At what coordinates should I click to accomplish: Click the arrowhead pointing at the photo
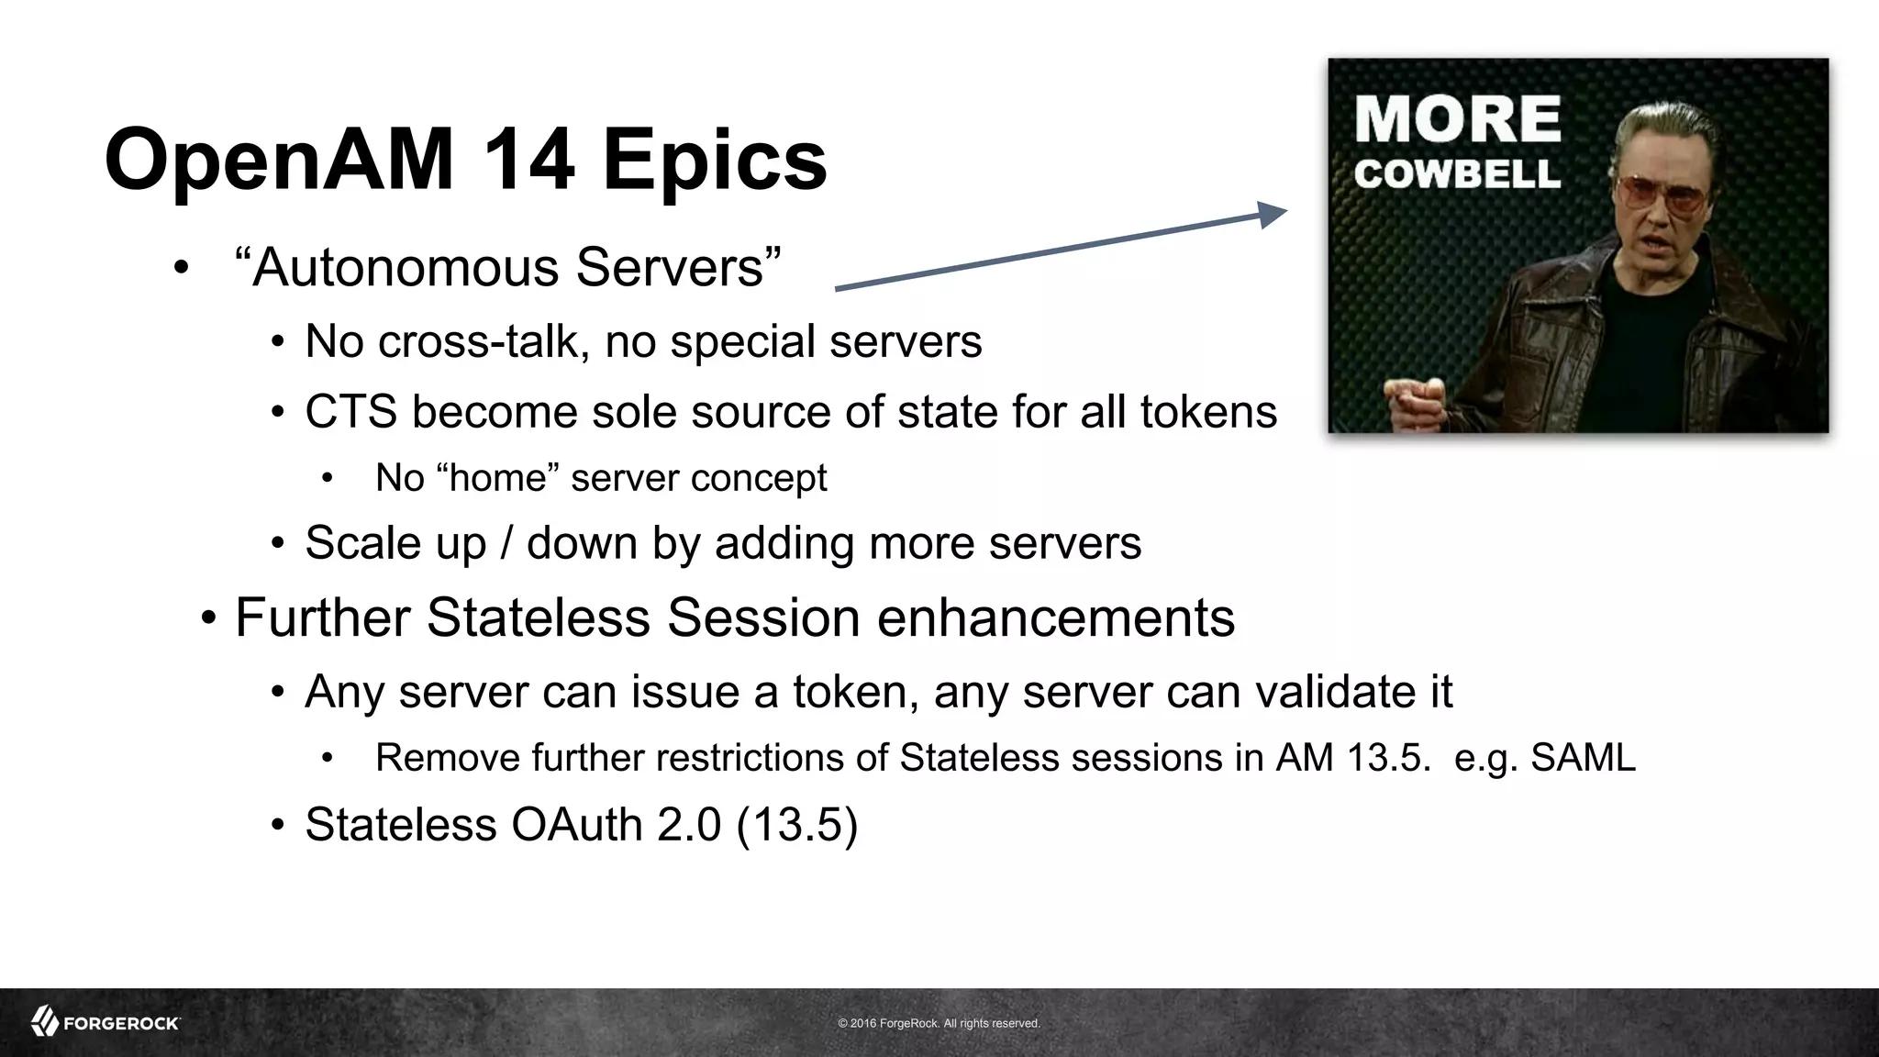pos(1273,214)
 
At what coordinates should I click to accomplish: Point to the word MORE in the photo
pos(1457,120)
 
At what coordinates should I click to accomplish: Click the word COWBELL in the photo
pos(1457,174)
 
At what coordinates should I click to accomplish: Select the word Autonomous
pos(405,267)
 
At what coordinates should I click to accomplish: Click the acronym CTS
pos(350,412)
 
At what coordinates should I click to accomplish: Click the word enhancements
pos(1055,618)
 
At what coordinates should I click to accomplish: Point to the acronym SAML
pos(1583,759)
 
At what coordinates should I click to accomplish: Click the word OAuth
pos(577,825)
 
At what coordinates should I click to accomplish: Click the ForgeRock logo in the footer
pos(106,1022)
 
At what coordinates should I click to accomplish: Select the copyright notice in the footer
pos(939,1023)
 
